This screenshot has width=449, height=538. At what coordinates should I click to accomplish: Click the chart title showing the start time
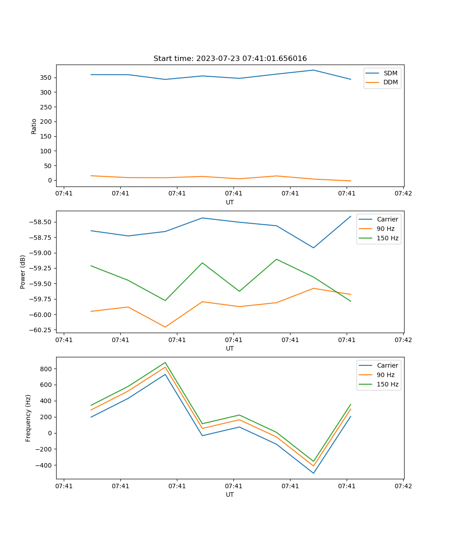(230, 59)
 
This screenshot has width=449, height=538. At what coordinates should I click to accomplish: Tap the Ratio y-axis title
(34, 126)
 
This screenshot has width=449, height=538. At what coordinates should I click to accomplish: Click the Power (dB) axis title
(23, 272)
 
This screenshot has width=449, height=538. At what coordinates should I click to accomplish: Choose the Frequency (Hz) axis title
(28, 418)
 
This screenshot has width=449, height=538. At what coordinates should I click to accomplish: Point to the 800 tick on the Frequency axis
(47, 369)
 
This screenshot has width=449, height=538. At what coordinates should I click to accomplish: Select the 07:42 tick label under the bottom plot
(403, 486)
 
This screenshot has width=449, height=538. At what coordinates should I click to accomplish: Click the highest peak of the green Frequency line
(165, 363)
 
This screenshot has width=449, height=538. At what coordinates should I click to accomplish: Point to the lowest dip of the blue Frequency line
(313, 473)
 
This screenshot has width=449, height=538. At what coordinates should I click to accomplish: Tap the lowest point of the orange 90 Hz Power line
(165, 327)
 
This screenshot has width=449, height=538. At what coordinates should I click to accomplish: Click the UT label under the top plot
(230, 202)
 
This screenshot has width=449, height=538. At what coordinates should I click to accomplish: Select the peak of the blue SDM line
(313, 70)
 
